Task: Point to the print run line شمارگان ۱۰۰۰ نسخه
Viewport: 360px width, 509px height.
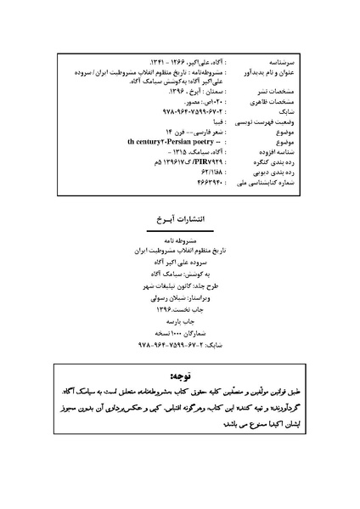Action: (x=180, y=336)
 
